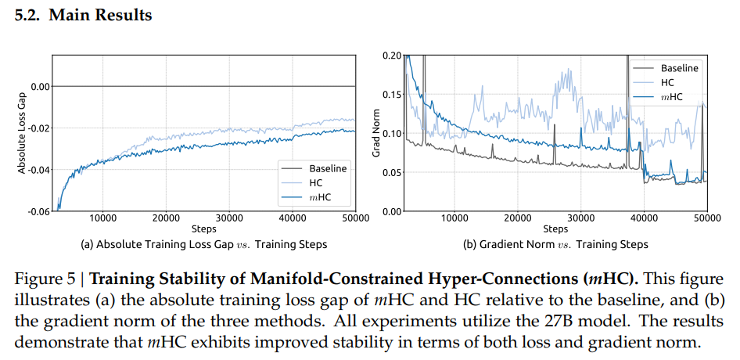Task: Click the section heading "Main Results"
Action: point(100,16)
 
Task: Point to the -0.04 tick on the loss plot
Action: point(38,170)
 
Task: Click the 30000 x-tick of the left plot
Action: point(228,218)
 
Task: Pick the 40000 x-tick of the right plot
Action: point(644,218)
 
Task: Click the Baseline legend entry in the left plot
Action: point(328,168)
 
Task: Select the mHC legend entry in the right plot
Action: point(671,96)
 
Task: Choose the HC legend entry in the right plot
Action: point(667,82)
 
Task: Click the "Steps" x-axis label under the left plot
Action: point(203,229)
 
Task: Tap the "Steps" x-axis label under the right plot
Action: point(555,229)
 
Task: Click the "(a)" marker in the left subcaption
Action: point(88,244)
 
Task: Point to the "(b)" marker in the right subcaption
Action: point(471,244)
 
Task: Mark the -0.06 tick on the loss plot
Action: point(38,211)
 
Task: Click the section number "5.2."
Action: point(29,16)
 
